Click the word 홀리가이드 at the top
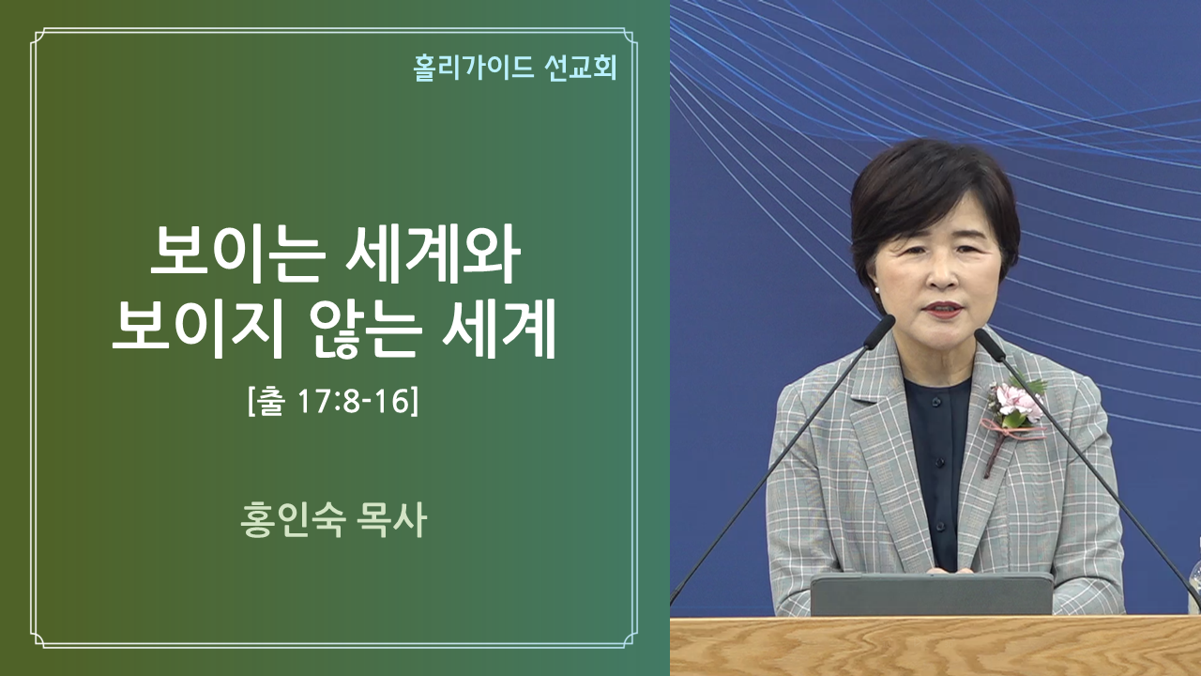pos(474,69)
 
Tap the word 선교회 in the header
pos(581,69)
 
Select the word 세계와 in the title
pos(433,254)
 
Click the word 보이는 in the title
pos(238,254)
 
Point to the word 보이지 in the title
pos(197,329)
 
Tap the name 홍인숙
pos(292,520)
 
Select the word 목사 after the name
pos(391,520)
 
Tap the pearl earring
pos(877,290)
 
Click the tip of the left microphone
pos(888,322)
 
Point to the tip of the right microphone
pos(982,336)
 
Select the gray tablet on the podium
pos(932,594)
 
